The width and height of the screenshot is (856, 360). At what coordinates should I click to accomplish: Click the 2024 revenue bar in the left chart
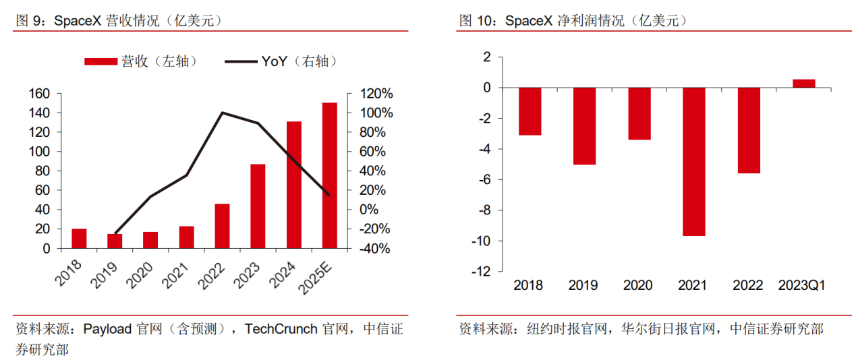click(294, 185)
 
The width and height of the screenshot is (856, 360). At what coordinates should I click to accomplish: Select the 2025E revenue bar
click(329, 175)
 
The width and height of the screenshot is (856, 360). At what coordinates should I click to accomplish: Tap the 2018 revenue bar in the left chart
click(80, 239)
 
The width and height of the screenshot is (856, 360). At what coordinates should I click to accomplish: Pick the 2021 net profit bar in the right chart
click(694, 162)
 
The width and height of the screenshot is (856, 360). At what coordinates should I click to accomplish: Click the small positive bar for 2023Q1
click(803, 84)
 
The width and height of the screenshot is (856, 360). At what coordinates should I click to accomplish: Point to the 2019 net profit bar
click(584, 126)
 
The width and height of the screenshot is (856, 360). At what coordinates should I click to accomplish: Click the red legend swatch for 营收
click(101, 61)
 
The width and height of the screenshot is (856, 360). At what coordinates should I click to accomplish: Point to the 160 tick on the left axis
click(40, 94)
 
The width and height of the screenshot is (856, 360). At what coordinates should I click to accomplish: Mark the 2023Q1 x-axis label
click(803, 286)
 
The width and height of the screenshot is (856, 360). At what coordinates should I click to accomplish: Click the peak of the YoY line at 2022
click(222, 113)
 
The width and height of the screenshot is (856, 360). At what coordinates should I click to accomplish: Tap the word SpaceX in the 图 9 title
click(78, 21)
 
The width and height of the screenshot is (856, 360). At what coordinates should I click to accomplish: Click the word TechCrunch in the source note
click(281, 329)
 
